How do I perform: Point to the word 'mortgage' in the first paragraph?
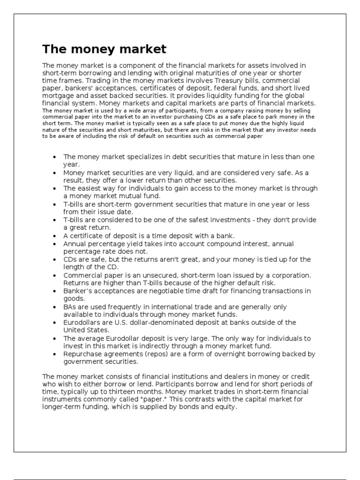tap(58, 96)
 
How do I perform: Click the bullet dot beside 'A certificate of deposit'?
tap(55, 236)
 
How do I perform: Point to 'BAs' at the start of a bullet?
tap(69, 307)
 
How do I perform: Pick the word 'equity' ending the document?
tap(227, 407)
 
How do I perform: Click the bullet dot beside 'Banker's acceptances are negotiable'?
tap(55, 291)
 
